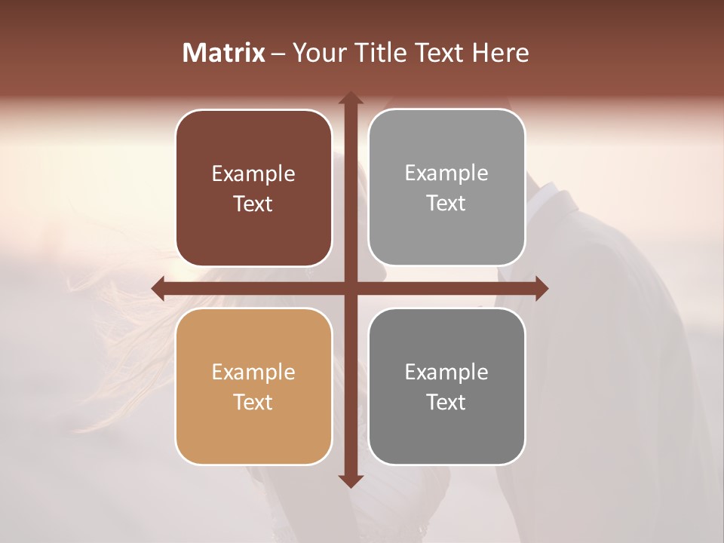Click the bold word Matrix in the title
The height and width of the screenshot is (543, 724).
[x=224, y=53]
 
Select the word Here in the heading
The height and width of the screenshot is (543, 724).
[x=500, y=53]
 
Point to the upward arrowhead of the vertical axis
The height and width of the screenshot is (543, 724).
[x=350, y=99]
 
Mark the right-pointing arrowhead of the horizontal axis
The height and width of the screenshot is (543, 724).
[x=541, y=288]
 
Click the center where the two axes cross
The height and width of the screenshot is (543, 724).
[x=350, y=288]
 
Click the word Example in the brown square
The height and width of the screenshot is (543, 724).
[x=253, y=174]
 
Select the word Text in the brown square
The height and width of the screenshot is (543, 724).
[x=253, y=204]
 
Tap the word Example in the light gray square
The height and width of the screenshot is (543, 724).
[x=446, y=173]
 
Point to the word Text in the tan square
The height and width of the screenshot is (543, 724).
[x=253, y=403]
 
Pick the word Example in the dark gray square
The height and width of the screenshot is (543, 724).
[x=446, y=373]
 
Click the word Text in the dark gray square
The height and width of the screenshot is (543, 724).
[x=446, y=403]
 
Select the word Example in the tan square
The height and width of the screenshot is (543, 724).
[x=253, y=373]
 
